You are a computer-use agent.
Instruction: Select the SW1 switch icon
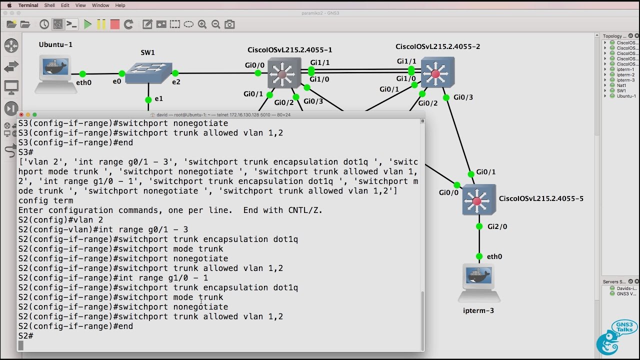coord(148,73)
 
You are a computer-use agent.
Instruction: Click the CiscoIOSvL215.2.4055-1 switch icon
coord(283,73)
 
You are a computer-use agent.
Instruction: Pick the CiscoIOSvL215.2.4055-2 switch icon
coord(437,73)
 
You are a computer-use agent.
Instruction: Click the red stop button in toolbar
coord(115,24)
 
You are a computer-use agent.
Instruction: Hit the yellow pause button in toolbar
coord(101,24)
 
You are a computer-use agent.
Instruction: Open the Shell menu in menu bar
coord(49,5)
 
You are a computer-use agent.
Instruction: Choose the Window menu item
coord(100,5)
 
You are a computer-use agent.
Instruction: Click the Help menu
coord(120,5)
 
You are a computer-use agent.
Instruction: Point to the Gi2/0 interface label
coord(497,226)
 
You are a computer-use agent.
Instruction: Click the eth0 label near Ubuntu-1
coord(83,82)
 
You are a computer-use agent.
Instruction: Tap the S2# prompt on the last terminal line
coord(25,335)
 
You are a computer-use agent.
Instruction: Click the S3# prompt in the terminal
coord(25,152)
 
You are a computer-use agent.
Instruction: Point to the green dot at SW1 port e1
coord(148,99)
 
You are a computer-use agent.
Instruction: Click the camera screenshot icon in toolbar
coord(229,24)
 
